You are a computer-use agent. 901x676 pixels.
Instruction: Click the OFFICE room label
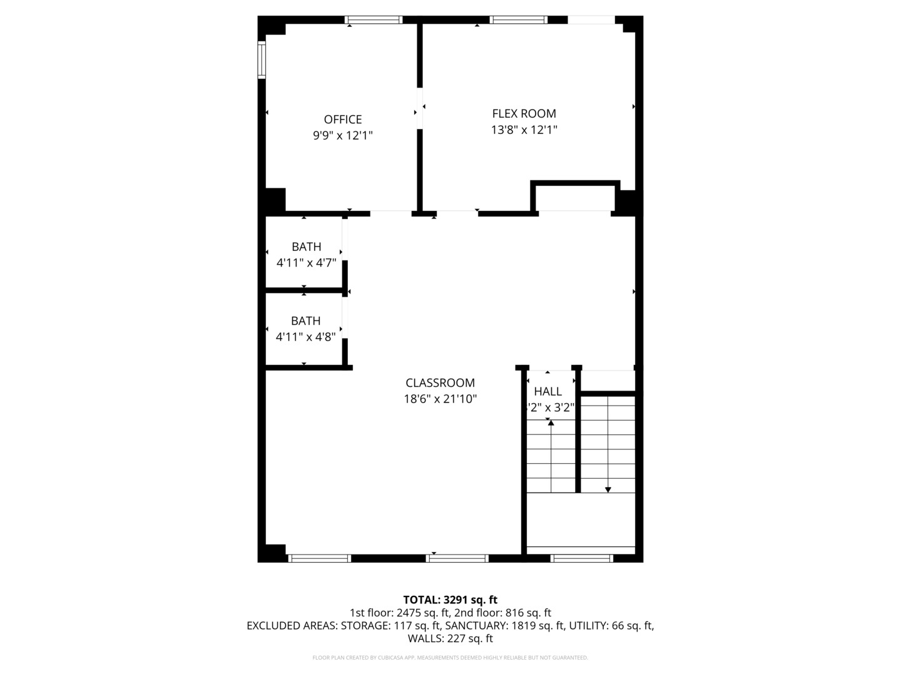tap(343, 120)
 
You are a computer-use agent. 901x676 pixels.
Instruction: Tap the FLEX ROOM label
tap(524, 113)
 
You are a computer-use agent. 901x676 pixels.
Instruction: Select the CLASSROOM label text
tap(440, 383)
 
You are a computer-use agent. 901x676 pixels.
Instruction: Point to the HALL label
tap(547, 392)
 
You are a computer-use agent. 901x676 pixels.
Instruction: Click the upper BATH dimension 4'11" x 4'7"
tap(307, 263)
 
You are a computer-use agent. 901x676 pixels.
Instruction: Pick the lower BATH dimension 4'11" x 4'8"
tap(306, 337)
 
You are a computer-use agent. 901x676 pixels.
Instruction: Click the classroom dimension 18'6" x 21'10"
tap(440, 399)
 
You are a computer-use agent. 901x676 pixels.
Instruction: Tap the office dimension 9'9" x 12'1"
tap(343, 135)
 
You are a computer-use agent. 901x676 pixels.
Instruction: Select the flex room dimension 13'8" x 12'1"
tap(524, 130)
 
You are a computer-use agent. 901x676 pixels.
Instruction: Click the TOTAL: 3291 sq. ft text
tap(450, 600)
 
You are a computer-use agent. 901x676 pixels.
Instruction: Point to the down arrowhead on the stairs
tap(608, 489)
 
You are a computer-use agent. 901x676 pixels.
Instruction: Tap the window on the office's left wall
tap(262, 60)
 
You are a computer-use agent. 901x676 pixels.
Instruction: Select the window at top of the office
tap(374, 20)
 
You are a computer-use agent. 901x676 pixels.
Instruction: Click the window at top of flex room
tap(518, 20)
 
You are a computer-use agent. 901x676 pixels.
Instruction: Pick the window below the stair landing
tap(581, 558)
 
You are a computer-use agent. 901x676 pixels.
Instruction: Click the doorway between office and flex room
tap(420, 108)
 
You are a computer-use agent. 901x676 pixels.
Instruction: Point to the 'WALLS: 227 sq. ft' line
tap(450, 638)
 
